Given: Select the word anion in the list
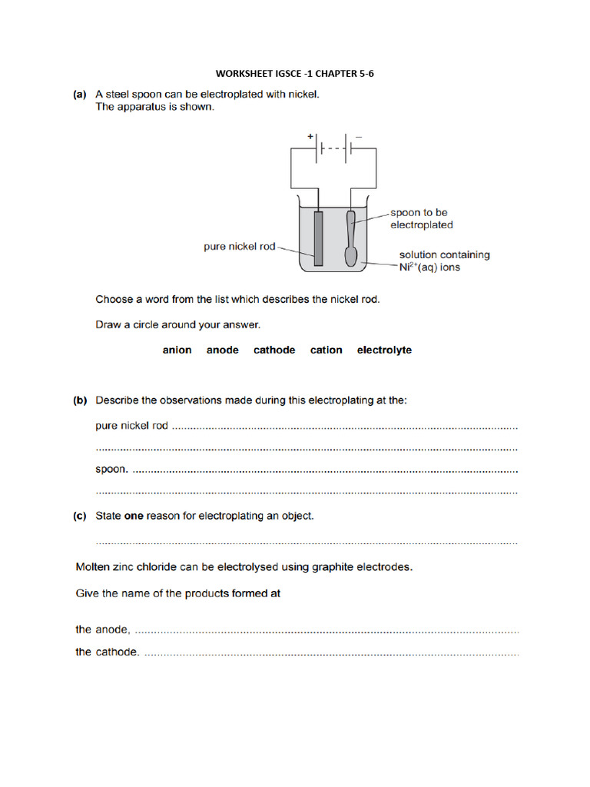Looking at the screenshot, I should click(177, 350).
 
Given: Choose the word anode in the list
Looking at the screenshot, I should click(222, 350).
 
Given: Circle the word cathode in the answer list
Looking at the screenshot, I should click(274, 350).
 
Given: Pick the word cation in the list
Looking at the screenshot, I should click(326, 350).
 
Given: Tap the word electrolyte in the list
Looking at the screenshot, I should click(384, 350).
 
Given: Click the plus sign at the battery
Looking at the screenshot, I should click(310, 136).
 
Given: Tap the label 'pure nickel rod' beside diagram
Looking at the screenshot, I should click(239, 247).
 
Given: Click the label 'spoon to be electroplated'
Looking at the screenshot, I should click(421, 218).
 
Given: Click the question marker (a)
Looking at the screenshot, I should click(79, 95).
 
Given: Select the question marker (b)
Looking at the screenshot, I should click(79, 400).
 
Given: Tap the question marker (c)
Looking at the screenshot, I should click(79, 516).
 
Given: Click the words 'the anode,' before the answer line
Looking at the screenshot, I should click(103, 629).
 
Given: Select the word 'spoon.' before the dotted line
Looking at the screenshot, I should click(112, 468).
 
